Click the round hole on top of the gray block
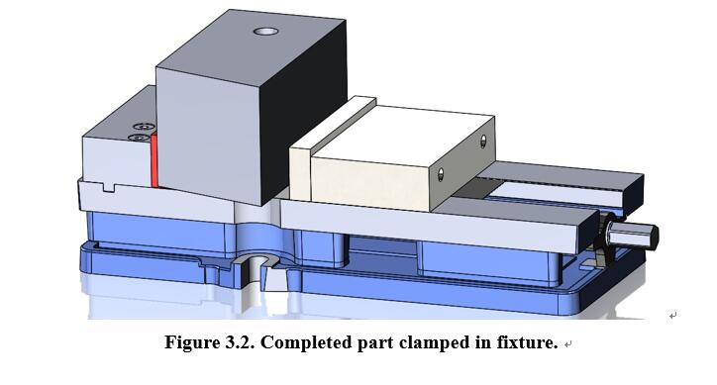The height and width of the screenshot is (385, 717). click(x=266, y=33)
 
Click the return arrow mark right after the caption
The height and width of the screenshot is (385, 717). click(x=567, y=346)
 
